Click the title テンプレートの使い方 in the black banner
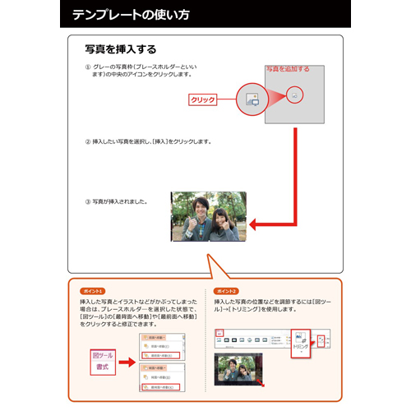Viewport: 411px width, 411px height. coord(132,15)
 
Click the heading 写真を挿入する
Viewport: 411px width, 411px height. coord(121,49)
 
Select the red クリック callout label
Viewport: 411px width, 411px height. coord(202,99)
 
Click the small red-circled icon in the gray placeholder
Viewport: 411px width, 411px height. coord(293,95)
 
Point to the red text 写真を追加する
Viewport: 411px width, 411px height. coord(288,69)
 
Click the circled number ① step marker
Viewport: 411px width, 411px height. coord(88,66)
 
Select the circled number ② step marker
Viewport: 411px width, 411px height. coord(88,141)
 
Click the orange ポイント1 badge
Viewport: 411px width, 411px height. coord(92,291)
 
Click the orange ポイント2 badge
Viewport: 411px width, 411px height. coord(227,291)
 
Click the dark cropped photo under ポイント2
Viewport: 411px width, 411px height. coord(240,370)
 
